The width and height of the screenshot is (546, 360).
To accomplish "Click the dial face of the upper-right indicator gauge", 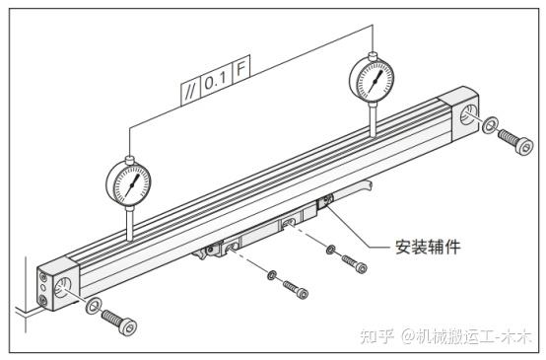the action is tap(372, 81).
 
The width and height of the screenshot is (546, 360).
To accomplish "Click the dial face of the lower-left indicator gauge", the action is tap(128, 184).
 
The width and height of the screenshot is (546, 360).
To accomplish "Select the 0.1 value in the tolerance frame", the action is tap(215, 82).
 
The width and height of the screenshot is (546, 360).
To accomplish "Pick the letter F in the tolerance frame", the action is tap(241, 69).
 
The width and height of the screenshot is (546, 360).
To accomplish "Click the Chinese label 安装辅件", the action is tap(428, 247).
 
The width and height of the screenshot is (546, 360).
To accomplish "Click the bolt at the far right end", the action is tap(515, 140).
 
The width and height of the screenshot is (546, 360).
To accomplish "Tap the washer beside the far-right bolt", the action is tap(490, 124).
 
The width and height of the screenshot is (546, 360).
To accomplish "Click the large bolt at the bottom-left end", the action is tap(118, 322).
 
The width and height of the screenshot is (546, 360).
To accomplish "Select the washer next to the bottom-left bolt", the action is tap(94, 306).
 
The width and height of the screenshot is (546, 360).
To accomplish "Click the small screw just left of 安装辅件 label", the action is tap(355, 263).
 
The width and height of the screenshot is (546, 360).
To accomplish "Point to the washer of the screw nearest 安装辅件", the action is tap(331, 250).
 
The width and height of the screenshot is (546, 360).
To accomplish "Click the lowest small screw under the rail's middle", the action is tap(296, 289).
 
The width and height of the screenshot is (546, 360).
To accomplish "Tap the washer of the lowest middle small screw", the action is tap(272, 275).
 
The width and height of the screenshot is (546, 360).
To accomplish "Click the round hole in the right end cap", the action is tap(467, 114).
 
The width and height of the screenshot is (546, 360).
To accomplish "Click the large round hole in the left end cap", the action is tap(63, 286).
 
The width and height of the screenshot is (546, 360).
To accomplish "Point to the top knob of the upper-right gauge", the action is tap(373, 55).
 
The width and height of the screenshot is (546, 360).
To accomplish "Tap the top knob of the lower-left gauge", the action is tap(129, 160).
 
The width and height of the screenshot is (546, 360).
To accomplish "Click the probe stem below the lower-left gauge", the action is tap(130, 223).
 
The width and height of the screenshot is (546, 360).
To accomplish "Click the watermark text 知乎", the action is tap(377, 336).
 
